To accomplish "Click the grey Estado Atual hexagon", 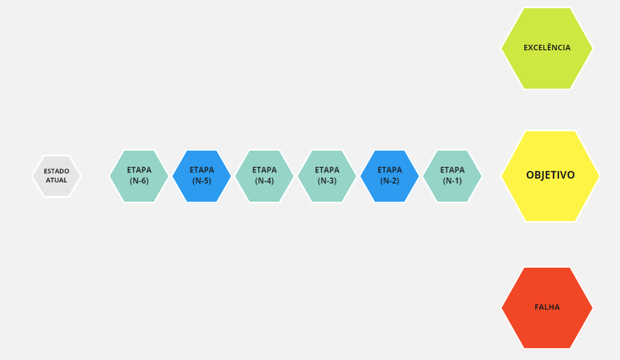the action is tap(57, 176).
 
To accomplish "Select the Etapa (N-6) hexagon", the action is tap(139, 176).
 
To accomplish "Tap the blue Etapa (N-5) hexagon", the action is tap(202, 176).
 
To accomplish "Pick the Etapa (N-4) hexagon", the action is tap(264, 176).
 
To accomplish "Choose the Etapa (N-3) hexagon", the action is tap(327, 176).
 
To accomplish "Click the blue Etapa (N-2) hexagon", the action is tap(389, 176).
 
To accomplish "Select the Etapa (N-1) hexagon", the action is tap(452, 176).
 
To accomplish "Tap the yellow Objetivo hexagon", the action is tap(551, 176).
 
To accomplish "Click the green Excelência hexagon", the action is tap(547, 48).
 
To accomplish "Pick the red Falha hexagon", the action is tap(547, 308).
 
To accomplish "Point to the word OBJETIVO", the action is tap(551, 175).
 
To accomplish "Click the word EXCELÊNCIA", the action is tap(547, 48).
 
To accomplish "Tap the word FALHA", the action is tap(547, 307).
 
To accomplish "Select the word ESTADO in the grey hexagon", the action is tap(57, 171).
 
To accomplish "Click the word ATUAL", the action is tap(57, 180).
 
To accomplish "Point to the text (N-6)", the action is tap(139, 181).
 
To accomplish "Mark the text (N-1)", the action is tap(452, 181).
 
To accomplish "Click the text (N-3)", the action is tap(327, 181).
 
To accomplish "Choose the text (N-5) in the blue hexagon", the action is tap(202, 181).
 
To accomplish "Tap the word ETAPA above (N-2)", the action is tap(389, 170).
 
